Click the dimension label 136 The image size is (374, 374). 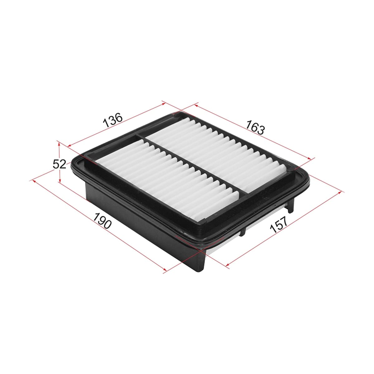[x=113, y=120]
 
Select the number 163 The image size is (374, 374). [x=255, y=127]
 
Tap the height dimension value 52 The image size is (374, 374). [x=60, y=165]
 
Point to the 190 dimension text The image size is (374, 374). [x=102, y=220]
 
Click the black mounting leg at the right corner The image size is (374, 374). [x=290, y=205]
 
